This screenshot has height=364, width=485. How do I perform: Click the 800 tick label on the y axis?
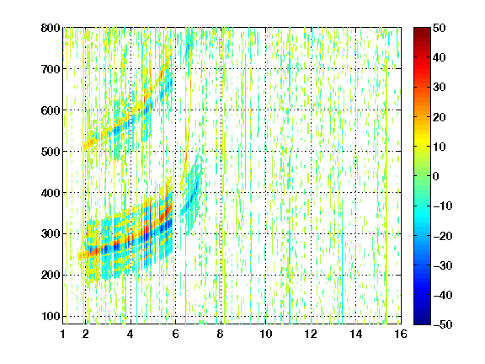click(51, 28)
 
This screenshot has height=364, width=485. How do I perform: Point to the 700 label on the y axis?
click(51, 69)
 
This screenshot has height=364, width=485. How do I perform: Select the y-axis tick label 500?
click(51, 152)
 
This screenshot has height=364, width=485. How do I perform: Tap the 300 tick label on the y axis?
click(51, 234)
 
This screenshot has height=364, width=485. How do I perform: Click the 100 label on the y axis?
click(51, 316)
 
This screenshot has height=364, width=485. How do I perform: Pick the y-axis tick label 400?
click(51, 193)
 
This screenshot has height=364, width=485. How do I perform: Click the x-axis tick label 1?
click(63, 334)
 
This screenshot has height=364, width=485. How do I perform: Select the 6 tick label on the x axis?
click(175, 334)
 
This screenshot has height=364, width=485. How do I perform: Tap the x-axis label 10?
click(266, 334)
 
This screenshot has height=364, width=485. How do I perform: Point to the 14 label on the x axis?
click(356, 334)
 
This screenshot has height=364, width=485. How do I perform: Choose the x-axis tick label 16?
click(401, 334)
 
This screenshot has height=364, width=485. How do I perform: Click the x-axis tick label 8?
click(221, 334)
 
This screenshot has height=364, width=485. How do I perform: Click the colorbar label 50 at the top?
click(440, 28)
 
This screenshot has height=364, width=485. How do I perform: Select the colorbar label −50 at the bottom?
click(443, 324)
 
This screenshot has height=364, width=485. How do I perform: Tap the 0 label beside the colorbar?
click(436, 176)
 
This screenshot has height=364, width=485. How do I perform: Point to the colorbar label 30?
click(440, 88)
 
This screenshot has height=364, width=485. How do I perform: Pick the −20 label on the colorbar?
click(443, 236)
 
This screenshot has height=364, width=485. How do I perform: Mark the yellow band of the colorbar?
click(422, 141)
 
